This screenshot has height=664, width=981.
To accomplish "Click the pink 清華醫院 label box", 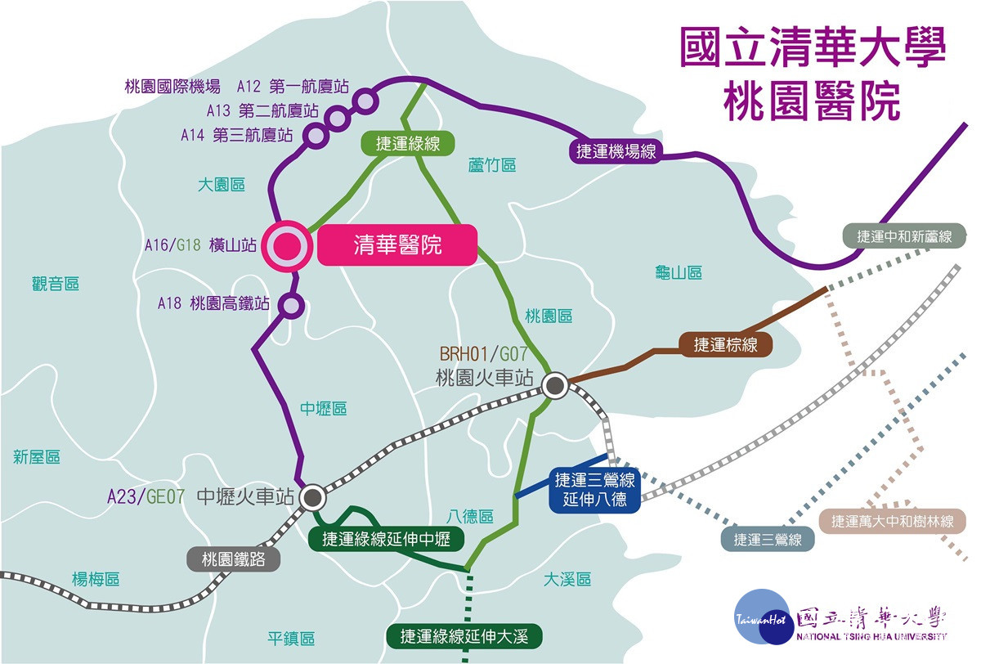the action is point(397,245).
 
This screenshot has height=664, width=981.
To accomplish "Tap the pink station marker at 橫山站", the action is point(287,246).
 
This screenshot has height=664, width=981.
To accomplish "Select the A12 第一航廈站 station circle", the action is point(365,101).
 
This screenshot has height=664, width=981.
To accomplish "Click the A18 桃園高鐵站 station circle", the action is point(291,305).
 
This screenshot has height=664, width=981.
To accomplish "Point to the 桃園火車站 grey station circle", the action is point(555,386).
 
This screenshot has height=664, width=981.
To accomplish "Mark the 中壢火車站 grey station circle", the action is point(312,497).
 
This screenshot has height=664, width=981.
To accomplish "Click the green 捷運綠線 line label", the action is point(408,143).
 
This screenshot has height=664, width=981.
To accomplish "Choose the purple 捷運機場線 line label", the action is point(616,151).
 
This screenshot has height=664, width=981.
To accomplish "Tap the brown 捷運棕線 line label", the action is point(725,345).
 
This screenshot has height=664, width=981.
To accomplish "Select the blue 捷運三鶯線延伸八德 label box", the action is point(595,489).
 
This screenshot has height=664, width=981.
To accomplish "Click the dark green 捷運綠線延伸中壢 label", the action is point(386,539).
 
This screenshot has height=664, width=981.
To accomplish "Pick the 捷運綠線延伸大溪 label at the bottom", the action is point(464,636).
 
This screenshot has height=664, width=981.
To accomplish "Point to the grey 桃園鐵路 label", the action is point(234,559).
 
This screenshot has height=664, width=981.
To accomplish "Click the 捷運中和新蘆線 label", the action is point(904,236).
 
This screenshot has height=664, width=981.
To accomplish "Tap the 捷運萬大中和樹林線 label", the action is point(893,521).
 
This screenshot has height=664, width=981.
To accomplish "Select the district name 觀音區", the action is point(56,284).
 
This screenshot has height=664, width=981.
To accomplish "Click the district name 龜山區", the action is point(679,272).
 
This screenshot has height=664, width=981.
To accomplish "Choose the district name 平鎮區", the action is point(291,639).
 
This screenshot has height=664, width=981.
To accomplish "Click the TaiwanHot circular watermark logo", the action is point(764,617).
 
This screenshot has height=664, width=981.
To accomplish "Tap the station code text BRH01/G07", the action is point(483,354).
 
